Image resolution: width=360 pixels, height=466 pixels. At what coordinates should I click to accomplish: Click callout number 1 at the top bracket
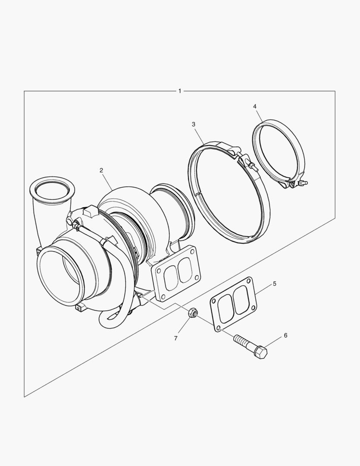tap(179, 91)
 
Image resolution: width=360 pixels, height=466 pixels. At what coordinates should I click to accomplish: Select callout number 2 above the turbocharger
tap(101, 170)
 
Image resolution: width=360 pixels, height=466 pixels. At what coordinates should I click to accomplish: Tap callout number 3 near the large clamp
tap(194, 124)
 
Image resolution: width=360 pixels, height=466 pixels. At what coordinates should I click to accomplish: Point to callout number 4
tap(255, 106)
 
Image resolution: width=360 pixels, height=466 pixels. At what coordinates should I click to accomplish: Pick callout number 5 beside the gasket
tap(274, 284)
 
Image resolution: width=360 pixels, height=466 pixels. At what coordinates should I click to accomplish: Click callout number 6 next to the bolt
tap(285, 335)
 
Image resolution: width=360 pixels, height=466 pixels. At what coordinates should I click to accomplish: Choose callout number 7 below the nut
tap(175, 339)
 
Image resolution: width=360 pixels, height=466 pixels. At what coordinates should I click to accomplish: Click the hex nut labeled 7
tap(193, 313)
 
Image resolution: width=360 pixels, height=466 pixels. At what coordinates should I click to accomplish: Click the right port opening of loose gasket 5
tap(241, 298)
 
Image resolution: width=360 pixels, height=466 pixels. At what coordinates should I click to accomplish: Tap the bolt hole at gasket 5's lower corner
tap(219, 328)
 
